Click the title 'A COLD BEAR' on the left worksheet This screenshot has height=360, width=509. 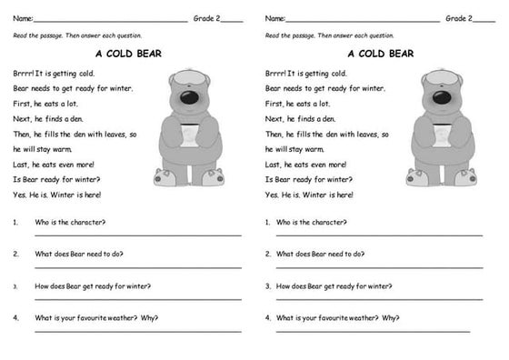pos(128,54)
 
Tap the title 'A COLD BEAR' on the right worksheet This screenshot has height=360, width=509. pos(381,54)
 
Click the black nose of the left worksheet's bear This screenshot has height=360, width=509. pos(187,97)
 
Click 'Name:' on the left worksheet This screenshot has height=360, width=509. pos(22,18)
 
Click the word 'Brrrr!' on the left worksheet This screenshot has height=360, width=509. pos(24,74)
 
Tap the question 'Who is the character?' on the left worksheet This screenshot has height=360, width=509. pos(70,222)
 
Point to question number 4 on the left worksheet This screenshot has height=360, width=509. pos(16,318)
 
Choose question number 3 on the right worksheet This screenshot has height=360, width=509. pos(268,286)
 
